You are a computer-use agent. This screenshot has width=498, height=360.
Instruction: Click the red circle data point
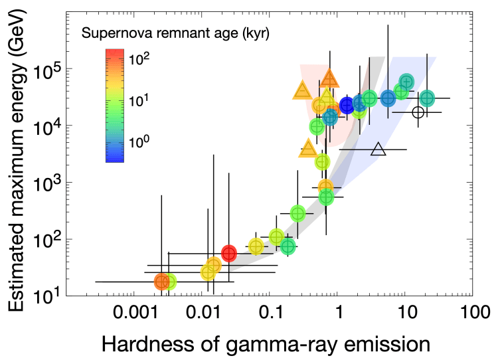pyautogui.click(x=229, y=253)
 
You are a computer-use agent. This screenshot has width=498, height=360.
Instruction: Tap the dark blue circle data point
pyautogui.click(x=347, y=105)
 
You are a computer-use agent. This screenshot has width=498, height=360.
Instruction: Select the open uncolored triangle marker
pyautogui.click(x=378, y=149)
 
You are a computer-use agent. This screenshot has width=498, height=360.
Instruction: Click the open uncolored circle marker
pyautogui.click(x=418, y=112)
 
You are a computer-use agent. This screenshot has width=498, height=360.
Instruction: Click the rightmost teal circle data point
pyautogui.click(x=427, y=98)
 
